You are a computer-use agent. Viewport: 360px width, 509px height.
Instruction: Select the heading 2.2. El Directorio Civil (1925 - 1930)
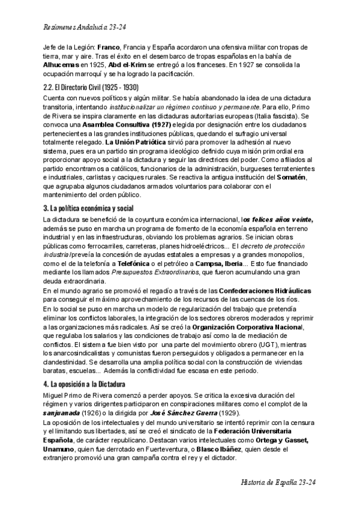92,87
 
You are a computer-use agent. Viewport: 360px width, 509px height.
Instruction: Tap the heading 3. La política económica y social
89,208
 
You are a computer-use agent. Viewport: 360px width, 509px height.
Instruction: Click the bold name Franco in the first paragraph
109,46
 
